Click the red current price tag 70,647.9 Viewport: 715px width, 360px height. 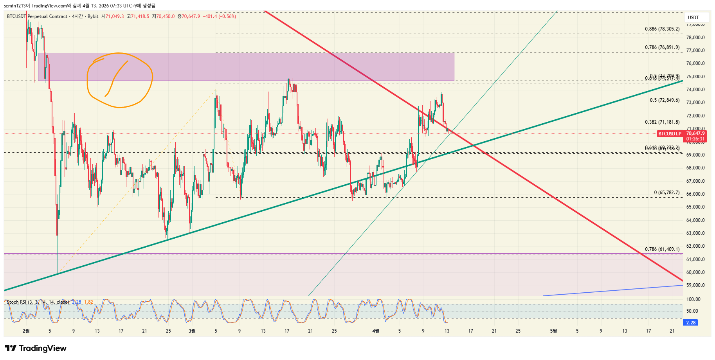[695, 133]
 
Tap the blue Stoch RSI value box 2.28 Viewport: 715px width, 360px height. [691, 322]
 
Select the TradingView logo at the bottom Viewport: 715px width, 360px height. [36, 348]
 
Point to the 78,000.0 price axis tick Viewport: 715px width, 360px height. [695, 38]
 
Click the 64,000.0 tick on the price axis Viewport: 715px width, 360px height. [695, 220]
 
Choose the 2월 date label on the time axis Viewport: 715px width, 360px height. [26, 331]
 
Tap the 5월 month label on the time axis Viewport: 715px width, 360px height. [553, 331]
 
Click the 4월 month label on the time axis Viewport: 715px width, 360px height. [376, 331]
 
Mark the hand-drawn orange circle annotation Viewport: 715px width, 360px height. [119, 80]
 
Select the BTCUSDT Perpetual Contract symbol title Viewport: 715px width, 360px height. [37, 16]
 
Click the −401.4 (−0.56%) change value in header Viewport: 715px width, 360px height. [219, 16]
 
